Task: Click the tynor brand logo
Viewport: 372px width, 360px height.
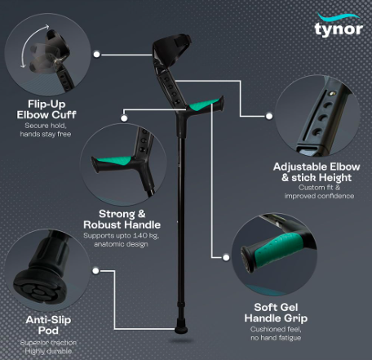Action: click(x=339, y=25)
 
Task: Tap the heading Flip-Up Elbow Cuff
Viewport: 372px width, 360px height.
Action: click(x=46, y=109)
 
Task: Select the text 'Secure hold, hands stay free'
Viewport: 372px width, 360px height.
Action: click(x=46, y=130)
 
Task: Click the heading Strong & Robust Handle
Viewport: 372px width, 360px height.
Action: click(x=122, y=220)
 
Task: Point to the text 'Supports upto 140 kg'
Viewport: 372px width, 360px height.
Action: click(x=121, y=236)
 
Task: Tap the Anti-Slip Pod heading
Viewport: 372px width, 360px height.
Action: click(x=48, y=325)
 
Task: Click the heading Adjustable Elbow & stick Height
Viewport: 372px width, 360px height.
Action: click(x=317, y=172)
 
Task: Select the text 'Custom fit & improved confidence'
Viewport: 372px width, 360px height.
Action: click(x=319, y=192)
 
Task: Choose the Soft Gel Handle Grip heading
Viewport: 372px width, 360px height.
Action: click(x=276, y=313)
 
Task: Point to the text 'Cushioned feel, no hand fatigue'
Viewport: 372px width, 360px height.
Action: click(x=276, y=333)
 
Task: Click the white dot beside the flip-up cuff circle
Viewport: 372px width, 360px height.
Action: click(x=96, y=55)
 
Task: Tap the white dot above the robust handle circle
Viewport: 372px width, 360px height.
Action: click(x=124, y=118)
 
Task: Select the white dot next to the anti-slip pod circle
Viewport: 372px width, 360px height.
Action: click(x=95, y=271)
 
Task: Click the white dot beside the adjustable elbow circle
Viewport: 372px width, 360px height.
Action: click(x=269, y=116)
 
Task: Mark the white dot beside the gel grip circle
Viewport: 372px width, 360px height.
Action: click(x=226, y=257)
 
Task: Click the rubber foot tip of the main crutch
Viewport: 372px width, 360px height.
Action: click(x=181, y=327)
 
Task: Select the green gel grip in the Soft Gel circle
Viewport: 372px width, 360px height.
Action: click(x=278, y=250)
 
